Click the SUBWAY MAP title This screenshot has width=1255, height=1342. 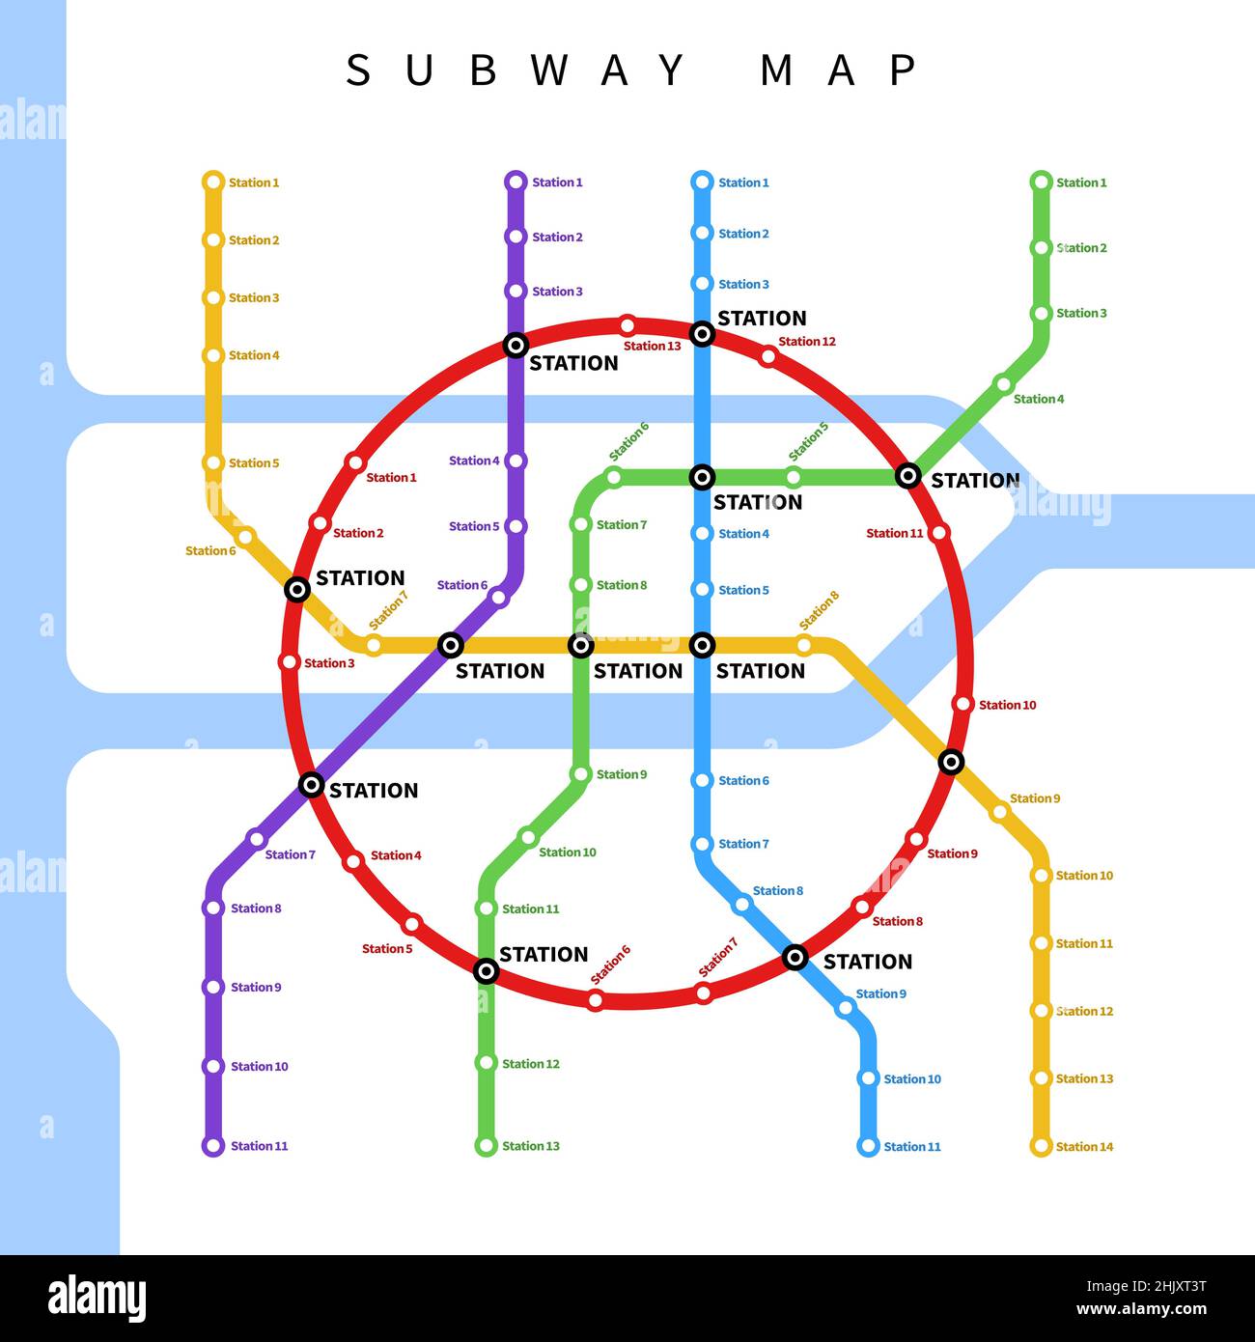631,70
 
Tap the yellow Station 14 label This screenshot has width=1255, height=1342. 1084,1147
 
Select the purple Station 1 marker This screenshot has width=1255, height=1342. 516,182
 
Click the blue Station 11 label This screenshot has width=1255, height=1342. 912,1147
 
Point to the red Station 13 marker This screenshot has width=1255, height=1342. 627,324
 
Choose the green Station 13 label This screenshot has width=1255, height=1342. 531,1146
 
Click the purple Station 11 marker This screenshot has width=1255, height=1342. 213,1146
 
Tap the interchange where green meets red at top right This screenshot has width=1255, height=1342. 908,475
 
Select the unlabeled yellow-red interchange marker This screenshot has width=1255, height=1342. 951,762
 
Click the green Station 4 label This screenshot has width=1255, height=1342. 1039,399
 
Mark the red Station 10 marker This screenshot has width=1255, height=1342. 962,704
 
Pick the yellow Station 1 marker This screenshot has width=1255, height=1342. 213,182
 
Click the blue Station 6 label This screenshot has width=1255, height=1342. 743,780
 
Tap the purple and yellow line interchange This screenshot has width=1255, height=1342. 451,645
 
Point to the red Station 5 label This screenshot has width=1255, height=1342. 387,949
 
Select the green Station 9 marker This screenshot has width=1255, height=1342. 581,774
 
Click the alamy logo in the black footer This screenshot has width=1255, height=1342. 97,1298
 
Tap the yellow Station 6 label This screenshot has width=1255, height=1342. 210,550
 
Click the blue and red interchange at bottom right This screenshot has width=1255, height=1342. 795,957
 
